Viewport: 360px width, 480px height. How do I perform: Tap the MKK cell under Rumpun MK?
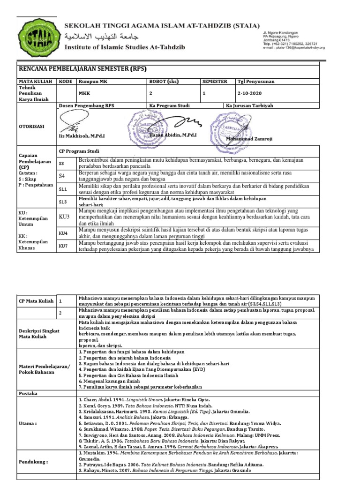pos(84,93)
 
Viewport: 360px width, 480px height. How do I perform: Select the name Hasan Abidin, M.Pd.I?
pos(173,135)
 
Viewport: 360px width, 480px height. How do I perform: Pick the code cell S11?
pos(63,188)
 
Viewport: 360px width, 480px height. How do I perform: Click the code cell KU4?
pos(63,232)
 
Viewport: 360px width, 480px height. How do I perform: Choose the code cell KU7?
pos(63,246)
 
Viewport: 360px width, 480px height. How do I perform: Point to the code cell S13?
pos(63,202)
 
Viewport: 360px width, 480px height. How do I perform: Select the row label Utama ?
pos(28,423)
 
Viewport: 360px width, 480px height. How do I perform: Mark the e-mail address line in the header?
pos(293,47)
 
